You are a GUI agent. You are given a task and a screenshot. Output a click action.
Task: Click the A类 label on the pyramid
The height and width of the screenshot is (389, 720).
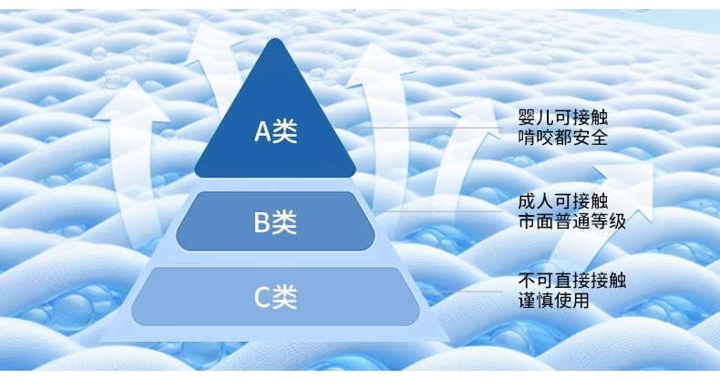(x=275, y=132)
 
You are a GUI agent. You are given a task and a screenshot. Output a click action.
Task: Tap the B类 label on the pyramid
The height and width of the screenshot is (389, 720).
(x=275, y=221)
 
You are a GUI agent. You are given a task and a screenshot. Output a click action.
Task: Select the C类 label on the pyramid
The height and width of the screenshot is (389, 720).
(x=275, y=296)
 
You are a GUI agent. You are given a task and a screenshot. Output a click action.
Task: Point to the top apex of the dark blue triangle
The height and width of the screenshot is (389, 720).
(x=275, y=40)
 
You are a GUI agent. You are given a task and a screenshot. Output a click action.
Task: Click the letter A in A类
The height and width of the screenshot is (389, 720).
(x=262, y=132)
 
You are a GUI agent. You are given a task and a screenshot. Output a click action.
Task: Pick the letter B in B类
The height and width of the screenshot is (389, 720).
(x=262, y=221)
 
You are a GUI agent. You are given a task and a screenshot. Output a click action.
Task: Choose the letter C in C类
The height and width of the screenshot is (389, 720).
(x=262, y=296)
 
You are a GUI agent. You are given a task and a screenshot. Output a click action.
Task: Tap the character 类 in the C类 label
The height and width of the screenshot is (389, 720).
(x=286, y=296)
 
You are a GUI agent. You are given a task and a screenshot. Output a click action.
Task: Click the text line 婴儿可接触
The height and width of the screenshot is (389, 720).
(x=561, y=118)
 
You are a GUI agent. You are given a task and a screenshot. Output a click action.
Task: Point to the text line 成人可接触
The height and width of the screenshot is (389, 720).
(x=561, y=200)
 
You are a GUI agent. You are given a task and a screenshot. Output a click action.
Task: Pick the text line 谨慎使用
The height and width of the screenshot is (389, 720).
(x=552, y=300)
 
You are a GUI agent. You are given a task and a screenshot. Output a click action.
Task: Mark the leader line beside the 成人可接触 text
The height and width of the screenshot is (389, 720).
(x=447, y=211)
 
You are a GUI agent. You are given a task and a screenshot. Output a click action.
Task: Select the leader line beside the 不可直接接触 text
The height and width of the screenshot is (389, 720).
(x=465, y=290)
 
